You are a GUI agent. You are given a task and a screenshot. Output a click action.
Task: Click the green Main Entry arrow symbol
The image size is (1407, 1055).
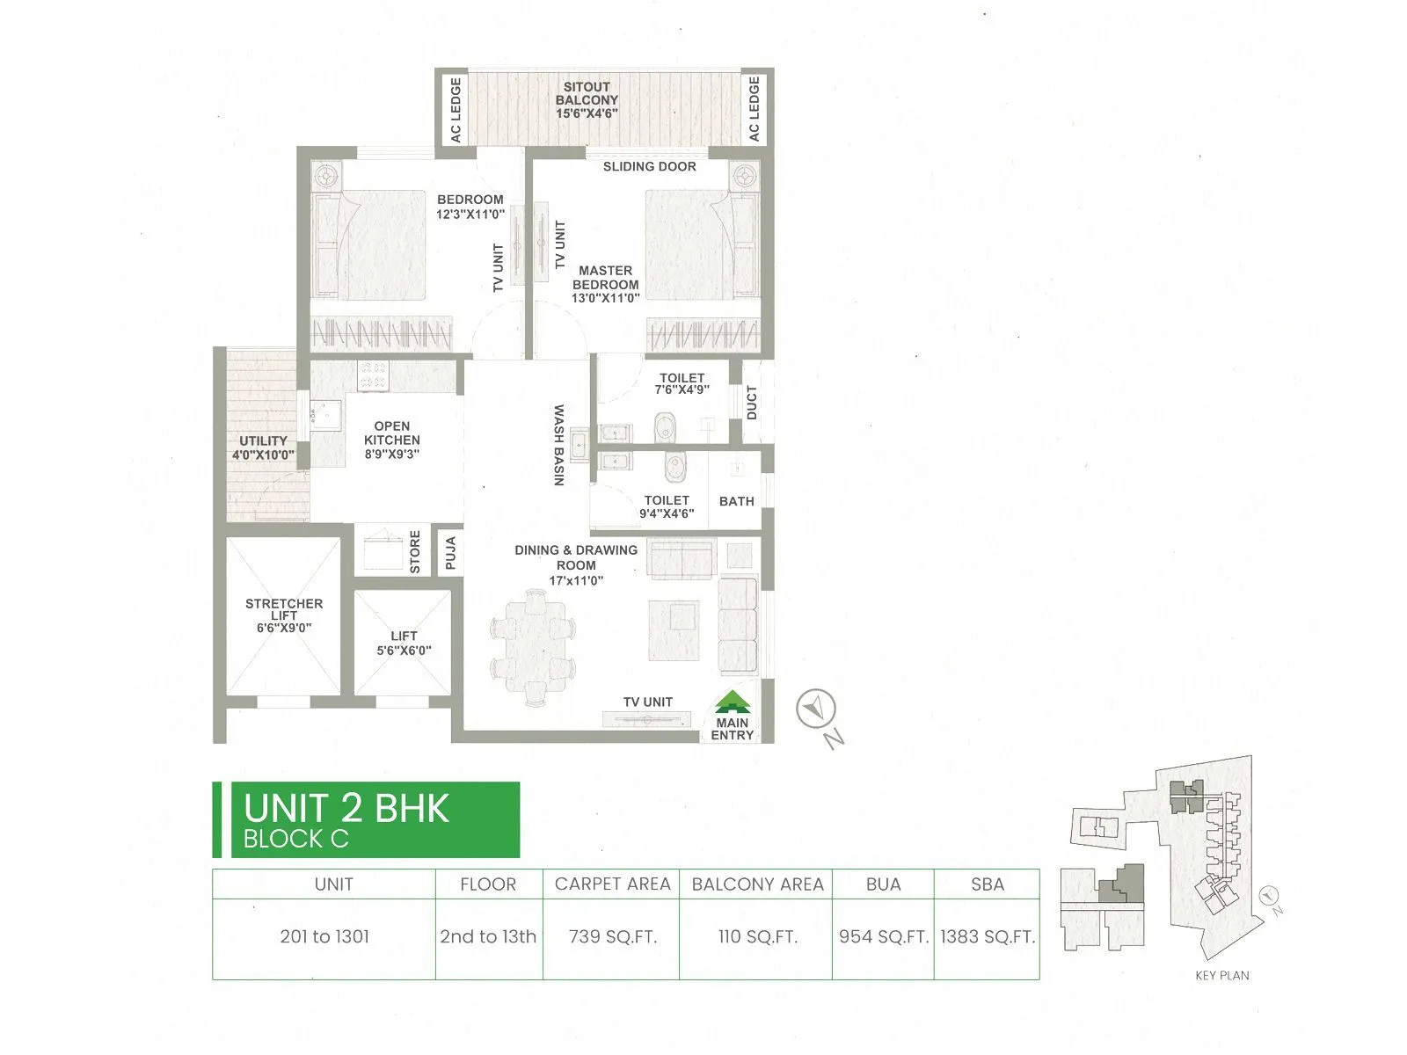pos(733,702)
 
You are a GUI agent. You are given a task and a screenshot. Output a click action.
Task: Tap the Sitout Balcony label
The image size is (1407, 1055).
pos(587,100)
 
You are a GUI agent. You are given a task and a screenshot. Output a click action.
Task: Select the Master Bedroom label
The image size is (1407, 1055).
pos(605,284)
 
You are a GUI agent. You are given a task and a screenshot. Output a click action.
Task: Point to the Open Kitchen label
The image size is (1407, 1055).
pos(391,440)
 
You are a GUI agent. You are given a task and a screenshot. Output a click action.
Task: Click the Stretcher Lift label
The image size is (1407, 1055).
pos(284,615)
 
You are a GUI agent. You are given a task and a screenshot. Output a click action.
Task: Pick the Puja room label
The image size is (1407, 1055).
pos(450,553)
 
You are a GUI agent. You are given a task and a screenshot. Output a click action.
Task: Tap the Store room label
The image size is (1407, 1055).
pos(415,551)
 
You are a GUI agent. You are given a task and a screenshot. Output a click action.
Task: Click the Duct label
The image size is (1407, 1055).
pos(752,403)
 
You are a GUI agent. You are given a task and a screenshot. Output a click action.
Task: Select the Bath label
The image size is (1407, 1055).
pos(736,501)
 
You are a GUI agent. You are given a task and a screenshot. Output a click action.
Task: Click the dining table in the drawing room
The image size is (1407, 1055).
pos(533,648)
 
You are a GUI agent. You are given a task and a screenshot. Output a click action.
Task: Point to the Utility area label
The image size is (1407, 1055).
pos(263,447)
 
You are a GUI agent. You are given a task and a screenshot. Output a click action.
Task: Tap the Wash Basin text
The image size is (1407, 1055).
pos(558,445)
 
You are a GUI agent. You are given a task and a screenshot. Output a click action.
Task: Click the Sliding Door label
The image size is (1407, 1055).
pos(649,166)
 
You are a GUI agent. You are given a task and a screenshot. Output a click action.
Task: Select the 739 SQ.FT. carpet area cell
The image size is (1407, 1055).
pos(612,937)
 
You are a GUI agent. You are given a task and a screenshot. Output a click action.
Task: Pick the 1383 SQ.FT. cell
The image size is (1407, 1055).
pos(987,937)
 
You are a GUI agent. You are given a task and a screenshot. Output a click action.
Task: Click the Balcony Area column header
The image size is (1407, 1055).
pos(757,884)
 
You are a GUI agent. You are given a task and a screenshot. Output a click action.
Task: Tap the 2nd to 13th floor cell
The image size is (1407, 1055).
pos(488,937)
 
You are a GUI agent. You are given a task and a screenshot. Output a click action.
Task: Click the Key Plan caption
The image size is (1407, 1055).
pos(1221,975)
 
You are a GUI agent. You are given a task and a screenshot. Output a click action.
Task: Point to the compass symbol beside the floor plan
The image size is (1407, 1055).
pos(815,709)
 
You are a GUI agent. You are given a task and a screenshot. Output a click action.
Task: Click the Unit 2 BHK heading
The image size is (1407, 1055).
pos(346,809)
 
